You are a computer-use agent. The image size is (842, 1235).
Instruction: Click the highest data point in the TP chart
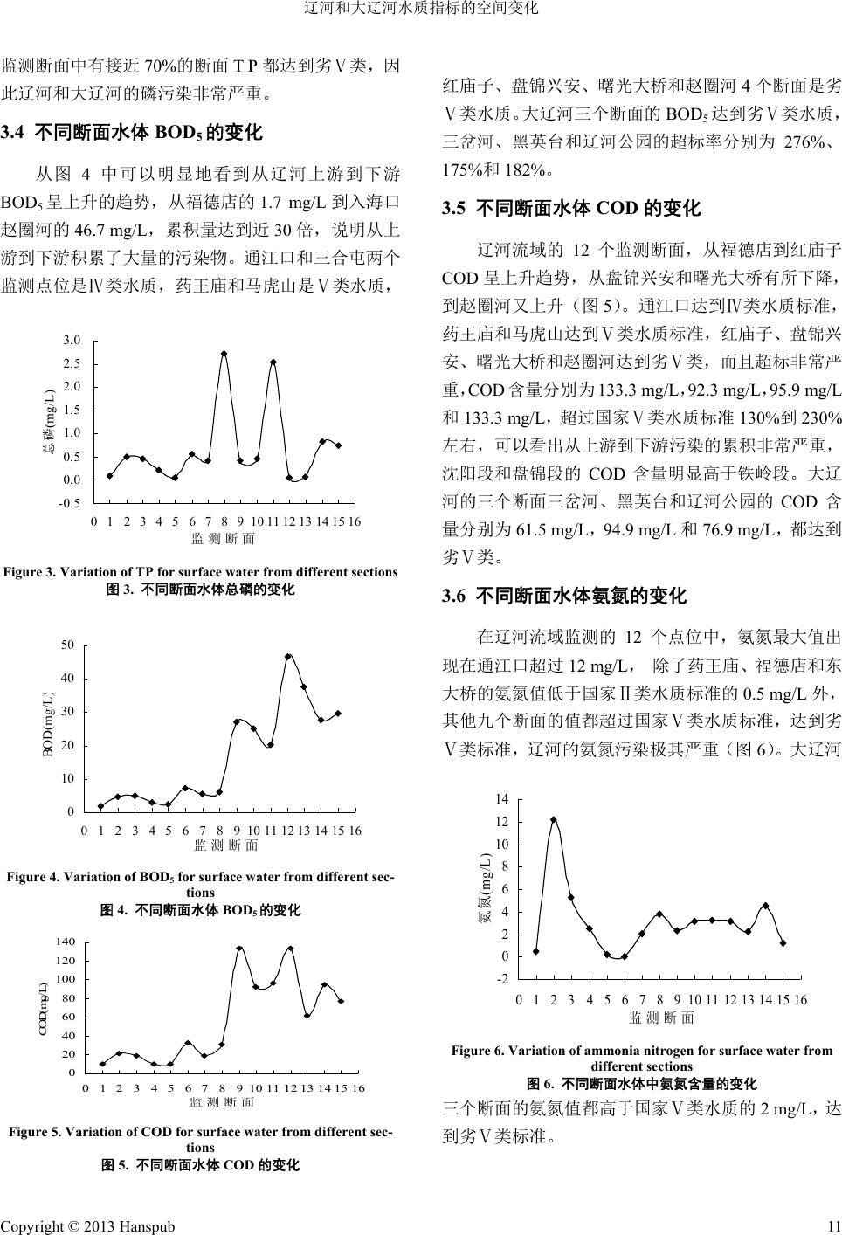[x=224, y=354]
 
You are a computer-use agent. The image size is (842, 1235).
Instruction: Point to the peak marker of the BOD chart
[x=288, y=656]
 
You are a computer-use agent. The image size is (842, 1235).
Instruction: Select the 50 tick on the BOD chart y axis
[x=67, y=645]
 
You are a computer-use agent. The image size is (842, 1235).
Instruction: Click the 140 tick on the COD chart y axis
[x=67, y=942]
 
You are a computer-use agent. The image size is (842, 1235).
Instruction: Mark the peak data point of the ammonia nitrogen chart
[x=554, y=819]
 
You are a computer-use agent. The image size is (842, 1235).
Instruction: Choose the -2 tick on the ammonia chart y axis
[x=501, y=979]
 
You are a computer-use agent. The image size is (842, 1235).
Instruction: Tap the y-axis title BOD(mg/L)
[x=49, y=723]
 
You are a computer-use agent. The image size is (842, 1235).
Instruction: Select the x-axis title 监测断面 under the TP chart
[x=223, y=539]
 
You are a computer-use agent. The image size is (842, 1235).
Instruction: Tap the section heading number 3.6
[x=454, y=597]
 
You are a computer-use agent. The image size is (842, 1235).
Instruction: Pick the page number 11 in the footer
[x=833, y=1225]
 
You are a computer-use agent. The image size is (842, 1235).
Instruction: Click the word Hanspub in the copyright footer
[x=146, y=1225]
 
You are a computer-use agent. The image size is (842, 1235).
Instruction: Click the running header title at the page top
[x=420, y=9]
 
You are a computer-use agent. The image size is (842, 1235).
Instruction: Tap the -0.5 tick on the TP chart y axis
[x=70, y=503]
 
